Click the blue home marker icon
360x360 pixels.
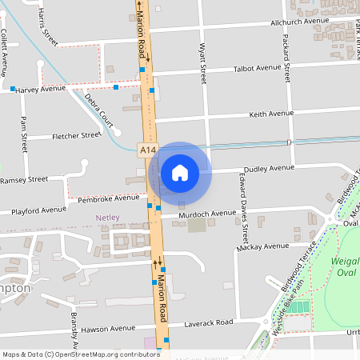[180, 172]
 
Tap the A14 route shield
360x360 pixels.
[146, 150]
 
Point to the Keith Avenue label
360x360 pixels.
[272, 114]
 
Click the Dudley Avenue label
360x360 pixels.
[270, 169]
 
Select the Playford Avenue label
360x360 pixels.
[39, 210]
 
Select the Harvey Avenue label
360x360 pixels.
[42, 88]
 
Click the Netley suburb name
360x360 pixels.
[106, 218]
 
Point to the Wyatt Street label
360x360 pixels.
[203, 64]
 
